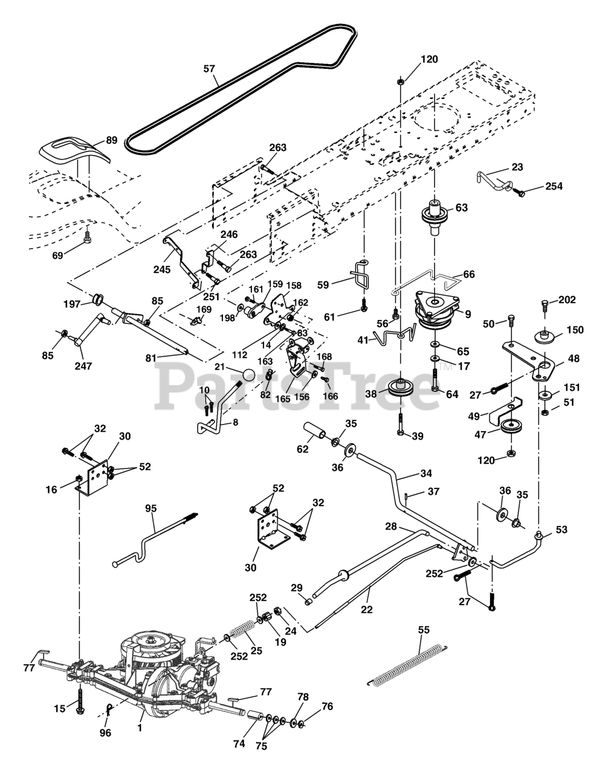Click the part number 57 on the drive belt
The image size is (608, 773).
tap(209, 69)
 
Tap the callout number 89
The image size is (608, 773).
tap(111, 140)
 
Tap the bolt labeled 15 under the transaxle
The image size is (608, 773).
tap(79, 702)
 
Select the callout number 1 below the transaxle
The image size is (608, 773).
tap(140, 728)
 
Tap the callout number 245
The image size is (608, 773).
tap(162, 269)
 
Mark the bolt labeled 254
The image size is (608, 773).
tap(519, 193)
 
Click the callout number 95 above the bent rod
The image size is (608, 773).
tap(151, 508)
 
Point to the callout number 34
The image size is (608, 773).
tap(425, 473)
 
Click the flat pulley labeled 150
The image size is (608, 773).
tap(545, 336)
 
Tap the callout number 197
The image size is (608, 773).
tap(73, 304)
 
